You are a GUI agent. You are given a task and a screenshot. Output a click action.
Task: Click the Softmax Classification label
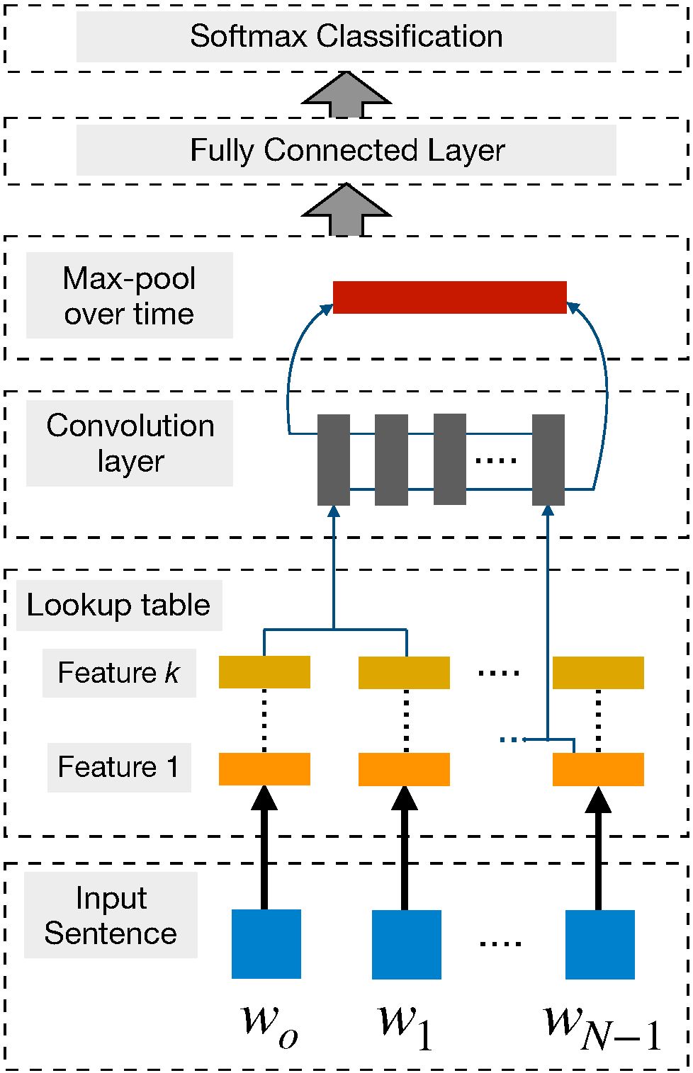346,36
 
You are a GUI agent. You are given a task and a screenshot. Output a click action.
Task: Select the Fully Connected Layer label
347,150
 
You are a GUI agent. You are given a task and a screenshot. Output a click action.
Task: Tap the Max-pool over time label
130,295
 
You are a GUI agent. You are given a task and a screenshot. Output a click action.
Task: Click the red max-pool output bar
449,297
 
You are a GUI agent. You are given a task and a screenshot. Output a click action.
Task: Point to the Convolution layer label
130,443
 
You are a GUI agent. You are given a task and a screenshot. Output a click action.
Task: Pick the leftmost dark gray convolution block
334,460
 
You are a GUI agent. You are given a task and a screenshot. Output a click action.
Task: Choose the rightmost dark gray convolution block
548,460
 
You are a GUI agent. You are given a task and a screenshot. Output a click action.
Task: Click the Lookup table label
118,605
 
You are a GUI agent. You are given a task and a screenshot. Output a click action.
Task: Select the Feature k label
118,672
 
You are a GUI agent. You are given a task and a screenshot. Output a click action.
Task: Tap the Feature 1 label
118,766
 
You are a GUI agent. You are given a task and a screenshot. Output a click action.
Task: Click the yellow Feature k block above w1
404,673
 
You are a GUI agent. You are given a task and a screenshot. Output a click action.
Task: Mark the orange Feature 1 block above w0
264,769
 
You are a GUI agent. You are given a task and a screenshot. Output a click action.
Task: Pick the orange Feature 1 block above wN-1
598,769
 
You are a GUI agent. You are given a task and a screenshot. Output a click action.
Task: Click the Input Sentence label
111,915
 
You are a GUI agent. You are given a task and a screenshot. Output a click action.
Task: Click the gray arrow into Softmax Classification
346,94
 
